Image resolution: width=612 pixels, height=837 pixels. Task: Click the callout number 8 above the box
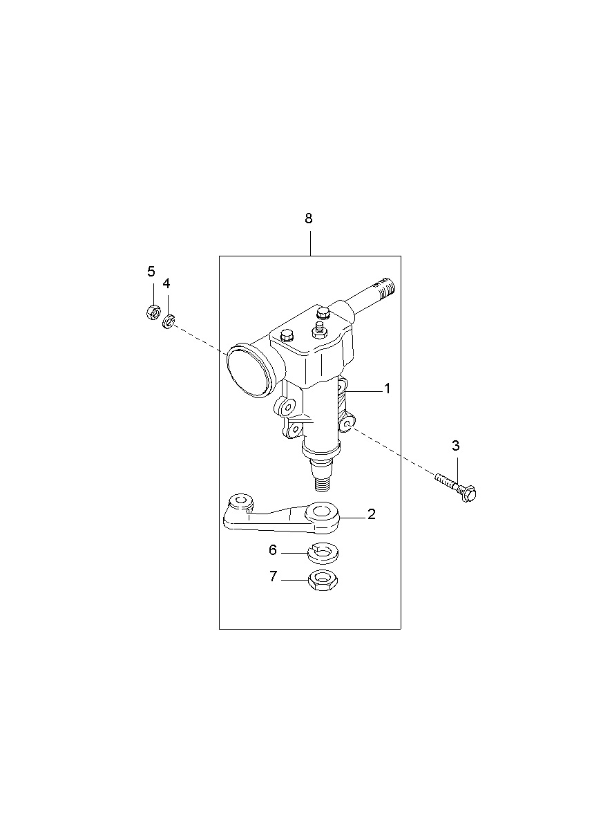pyautogui.click(x=309, y=218)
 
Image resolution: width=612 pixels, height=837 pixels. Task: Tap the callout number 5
pyautogui.click(x=151, y=272)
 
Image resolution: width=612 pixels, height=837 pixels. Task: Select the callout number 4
pyautogui.click(x=166, y=283)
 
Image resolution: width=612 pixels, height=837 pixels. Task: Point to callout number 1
pyautogui.click(x=388, y=389)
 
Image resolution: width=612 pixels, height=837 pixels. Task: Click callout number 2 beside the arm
pyautogui.click(x=371, y=514)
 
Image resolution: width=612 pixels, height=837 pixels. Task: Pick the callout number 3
pyautogui.click(x=455, y=446)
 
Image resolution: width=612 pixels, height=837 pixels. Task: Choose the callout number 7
pyautogui.click(x=274, y=576)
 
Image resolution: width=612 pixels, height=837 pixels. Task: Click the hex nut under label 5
pyautogui.click(x=153, y=312)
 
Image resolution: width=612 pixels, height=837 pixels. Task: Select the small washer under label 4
pyautogui.click(x=169, y=321)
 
